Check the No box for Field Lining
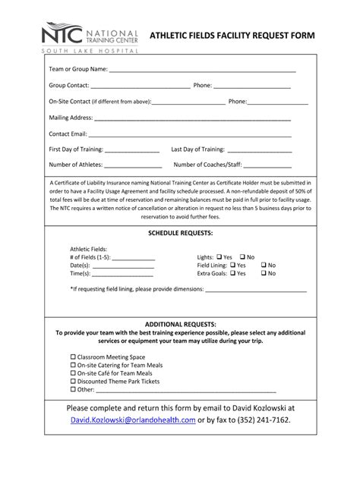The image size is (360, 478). pyautogui.click(x=264, y=266)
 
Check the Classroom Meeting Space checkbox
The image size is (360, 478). pyautogui.click(x=74, y=357)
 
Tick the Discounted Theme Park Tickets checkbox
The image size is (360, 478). pyautogui.click(x=74, y=382)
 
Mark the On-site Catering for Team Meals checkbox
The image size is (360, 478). pyautogui.click(x=74, y=365)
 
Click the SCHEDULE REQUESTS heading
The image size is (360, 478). pyautogui.click(x=180, y=233)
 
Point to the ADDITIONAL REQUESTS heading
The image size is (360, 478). pyautogui.click(x=180, y=324)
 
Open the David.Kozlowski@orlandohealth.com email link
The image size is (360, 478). pyautogui.click(x=133, y=419)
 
